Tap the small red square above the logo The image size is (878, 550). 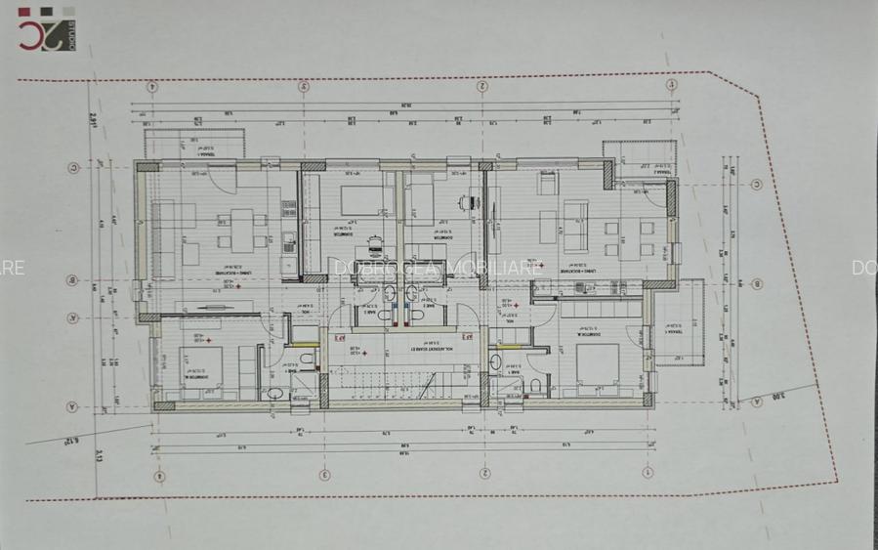click(24, 14)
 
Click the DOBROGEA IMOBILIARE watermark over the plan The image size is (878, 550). click(437, 267)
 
